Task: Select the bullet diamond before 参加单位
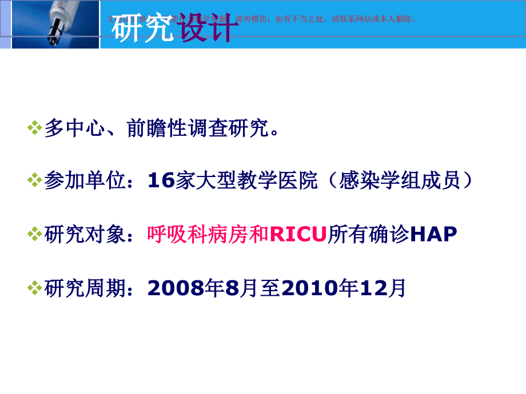pos(35,181)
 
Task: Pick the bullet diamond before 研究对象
pos(35,234)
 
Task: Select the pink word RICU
pos(297,234)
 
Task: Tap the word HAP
pos(435,234)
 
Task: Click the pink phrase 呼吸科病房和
pos(208,234)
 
